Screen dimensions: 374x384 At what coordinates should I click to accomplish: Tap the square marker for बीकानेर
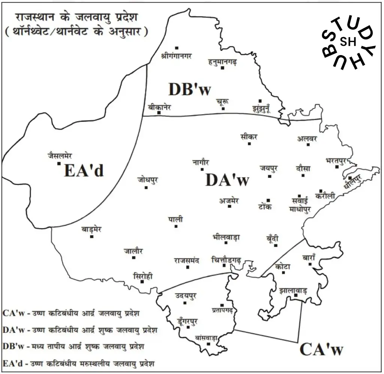(x=159, y=112)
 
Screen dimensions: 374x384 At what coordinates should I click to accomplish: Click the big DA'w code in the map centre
(x=227, y=180)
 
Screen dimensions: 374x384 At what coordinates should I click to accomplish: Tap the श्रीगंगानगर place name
(x=176, y=56)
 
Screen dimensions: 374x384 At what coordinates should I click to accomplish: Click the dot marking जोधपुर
(x=146, y=187)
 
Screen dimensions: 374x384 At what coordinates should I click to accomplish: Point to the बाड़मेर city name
(x=91, y=229)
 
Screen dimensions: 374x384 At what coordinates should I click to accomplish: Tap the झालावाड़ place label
(x=293, y=290)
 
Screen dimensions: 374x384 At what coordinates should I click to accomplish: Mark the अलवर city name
(x=307, y=138)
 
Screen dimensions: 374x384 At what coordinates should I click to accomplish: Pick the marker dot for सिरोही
(x=142, y=281)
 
